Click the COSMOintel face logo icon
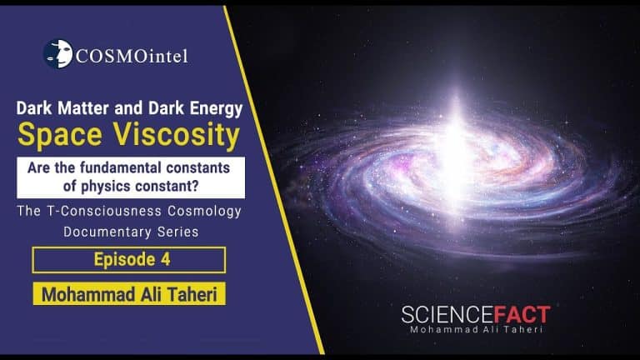click(58, 54)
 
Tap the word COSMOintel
click(132, 56)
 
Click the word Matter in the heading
click(82, 108)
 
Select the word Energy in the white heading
click(216, 109)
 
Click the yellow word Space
click(60, 135)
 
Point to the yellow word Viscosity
click(177, 135)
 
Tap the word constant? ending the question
click(167, 186)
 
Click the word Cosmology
click(204, 212)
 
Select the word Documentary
click(102, 232)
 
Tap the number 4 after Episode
click(165, 260)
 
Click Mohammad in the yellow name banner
click(88, 295)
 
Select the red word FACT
click(522, 315)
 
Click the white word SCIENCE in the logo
click(447, 315)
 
